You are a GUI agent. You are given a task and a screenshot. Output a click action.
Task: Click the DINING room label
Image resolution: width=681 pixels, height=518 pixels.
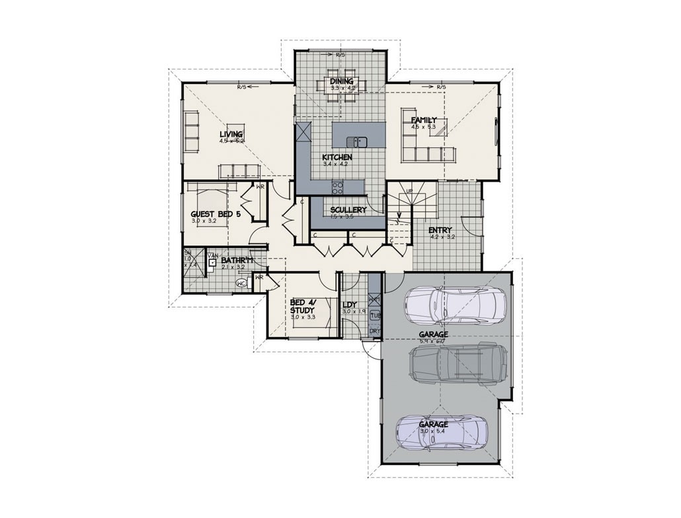pyautogui.click(x=342, y=81)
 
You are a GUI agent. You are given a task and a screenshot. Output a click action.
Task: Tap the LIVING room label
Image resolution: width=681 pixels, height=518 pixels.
pyautogui.click(x=231, y=134)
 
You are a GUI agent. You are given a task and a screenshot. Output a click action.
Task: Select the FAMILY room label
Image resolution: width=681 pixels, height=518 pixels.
pyautogui.click(x=424, y=120)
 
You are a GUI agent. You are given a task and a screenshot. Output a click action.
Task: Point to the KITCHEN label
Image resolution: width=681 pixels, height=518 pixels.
pyautogui.click(x=337, y=157)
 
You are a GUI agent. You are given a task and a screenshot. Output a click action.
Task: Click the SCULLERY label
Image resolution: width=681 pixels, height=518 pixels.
pyautogui.click(x=348, y=209)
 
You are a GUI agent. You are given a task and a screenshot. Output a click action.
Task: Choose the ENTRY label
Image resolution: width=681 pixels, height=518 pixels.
pyautogui.click(x=440, y=231)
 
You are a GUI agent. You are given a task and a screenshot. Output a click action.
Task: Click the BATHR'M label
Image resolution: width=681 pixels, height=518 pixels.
pyautogui.click(x=237, y=261)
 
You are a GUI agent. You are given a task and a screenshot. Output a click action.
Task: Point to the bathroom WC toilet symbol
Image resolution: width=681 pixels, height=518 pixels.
pyautogui.click(x=242, y=283)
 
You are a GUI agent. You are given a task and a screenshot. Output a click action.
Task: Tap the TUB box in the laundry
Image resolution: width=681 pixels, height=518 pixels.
pyautogui.click(x=375, y=315)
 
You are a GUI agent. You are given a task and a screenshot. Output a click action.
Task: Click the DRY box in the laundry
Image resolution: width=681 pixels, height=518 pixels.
pyautogui.click(x=375, y=331)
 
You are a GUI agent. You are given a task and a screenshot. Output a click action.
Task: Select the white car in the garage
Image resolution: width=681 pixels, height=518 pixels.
pyautogui.click(x=456, y=303)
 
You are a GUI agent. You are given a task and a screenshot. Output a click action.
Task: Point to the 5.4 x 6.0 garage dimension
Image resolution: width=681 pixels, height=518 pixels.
pyautogui.click(x=433, y=342)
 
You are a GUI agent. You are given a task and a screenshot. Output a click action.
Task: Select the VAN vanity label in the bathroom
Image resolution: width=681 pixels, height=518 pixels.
pyautogui.click(x=213, y=255)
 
